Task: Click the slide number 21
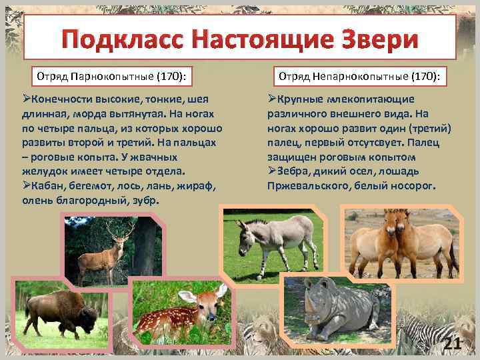pos(453,344)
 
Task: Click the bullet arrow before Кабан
pos(27,185)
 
